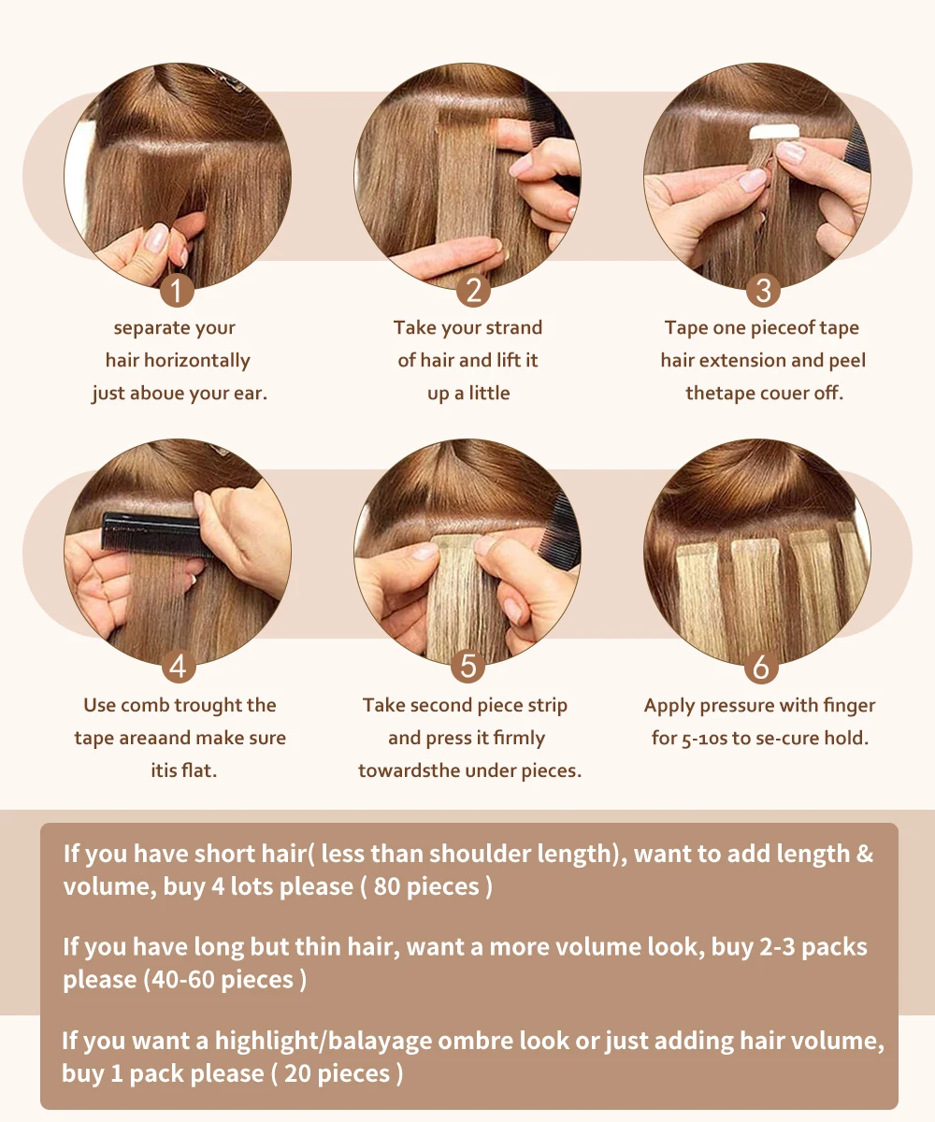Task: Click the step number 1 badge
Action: coord(177,291)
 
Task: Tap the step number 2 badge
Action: coord(473,291)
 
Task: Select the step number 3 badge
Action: coord(763,291)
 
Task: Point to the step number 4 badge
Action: coord(179,667)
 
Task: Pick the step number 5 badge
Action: coord(468,667)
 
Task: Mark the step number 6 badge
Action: coord(761,667)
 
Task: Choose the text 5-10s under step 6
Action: coord(704,739)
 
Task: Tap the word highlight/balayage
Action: coord(324,1041)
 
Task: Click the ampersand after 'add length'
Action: coord(864,854)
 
